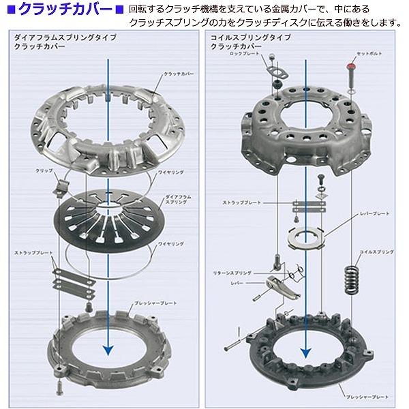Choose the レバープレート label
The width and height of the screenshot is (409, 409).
click(374, 213)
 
